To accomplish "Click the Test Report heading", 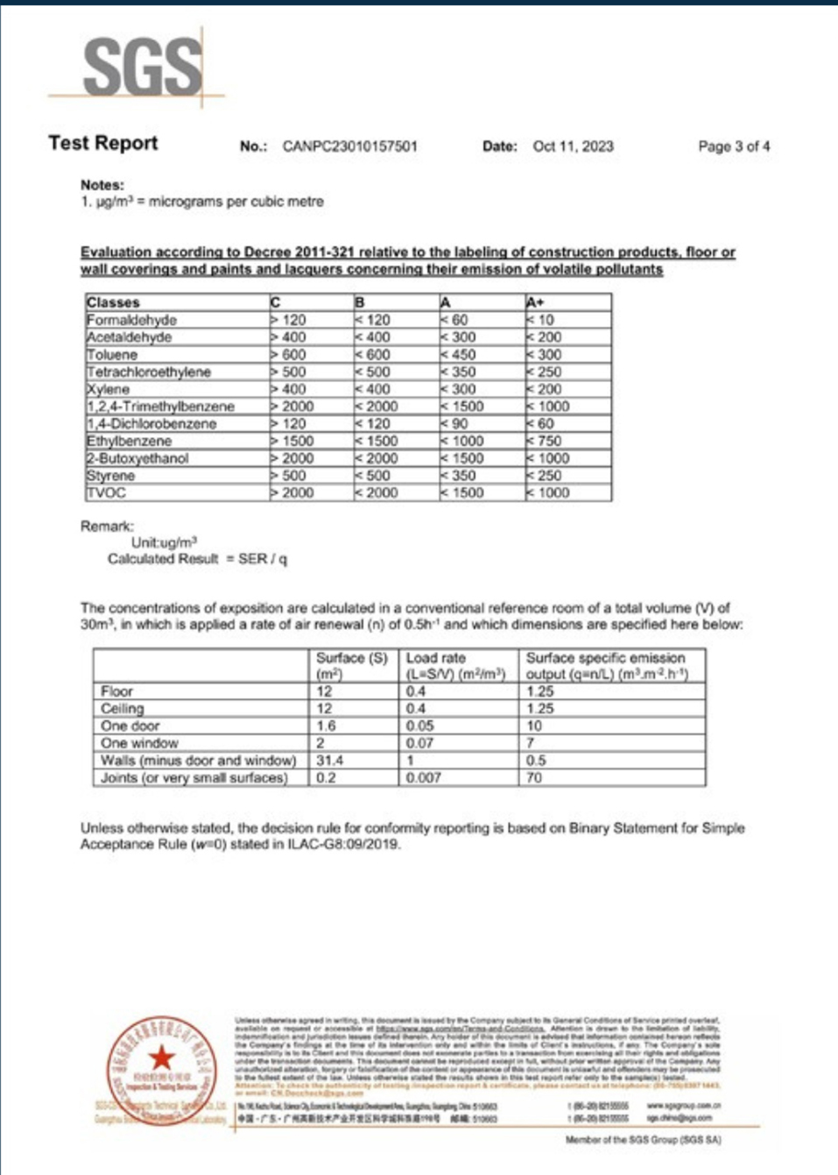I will [x=103, y=144].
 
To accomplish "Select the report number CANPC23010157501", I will [x=349, y=146].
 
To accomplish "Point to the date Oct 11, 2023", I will [x=573, y=146].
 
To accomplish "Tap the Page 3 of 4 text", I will [x=734, y=146].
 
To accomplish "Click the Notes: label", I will [x=102, y=185].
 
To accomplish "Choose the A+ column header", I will [x=535, y=302].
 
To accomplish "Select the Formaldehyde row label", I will [x=131, y=320].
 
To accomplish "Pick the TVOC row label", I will [x=106, y=492].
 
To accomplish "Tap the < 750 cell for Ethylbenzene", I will [x=544, y=441].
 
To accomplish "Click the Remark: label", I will [x=107, y=526].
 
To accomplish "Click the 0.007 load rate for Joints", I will [x=424, y=778].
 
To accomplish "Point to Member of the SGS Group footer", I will [x=643, y=1140].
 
